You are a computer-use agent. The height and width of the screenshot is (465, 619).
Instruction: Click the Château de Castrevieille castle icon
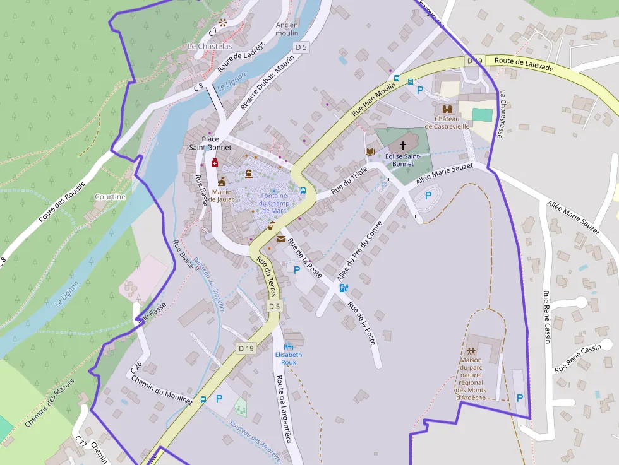[x=447, y=109]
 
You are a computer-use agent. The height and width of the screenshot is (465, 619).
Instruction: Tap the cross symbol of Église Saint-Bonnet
[x=403, y=145]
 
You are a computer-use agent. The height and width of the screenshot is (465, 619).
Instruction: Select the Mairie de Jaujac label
[x=222, y=196]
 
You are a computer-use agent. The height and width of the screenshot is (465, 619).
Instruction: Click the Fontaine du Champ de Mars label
[x=273, y=203]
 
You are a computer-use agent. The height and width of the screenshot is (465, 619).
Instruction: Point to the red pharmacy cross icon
[x=215, y=162]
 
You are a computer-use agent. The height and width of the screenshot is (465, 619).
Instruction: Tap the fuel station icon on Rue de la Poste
[x=344, y=288]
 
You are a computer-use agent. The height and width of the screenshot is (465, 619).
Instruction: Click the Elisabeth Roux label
[x=289, y=358]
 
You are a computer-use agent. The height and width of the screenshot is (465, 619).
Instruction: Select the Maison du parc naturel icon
[x=471, y=351]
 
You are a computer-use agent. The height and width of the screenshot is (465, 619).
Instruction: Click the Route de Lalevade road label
[x=524, y=64]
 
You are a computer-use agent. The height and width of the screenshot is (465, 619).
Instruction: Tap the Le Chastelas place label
[x=210, y=47]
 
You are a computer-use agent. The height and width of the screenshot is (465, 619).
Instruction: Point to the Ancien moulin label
[x=287, y=29]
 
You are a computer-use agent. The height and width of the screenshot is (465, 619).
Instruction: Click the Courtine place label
[x=110, y=197]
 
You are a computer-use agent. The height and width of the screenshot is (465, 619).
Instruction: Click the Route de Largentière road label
[x=283, y=409]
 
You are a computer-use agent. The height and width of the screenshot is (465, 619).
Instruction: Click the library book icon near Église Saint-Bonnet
[x=370, y=151]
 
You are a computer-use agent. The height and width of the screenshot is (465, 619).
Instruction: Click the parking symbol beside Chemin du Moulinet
[x=219, y=399]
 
